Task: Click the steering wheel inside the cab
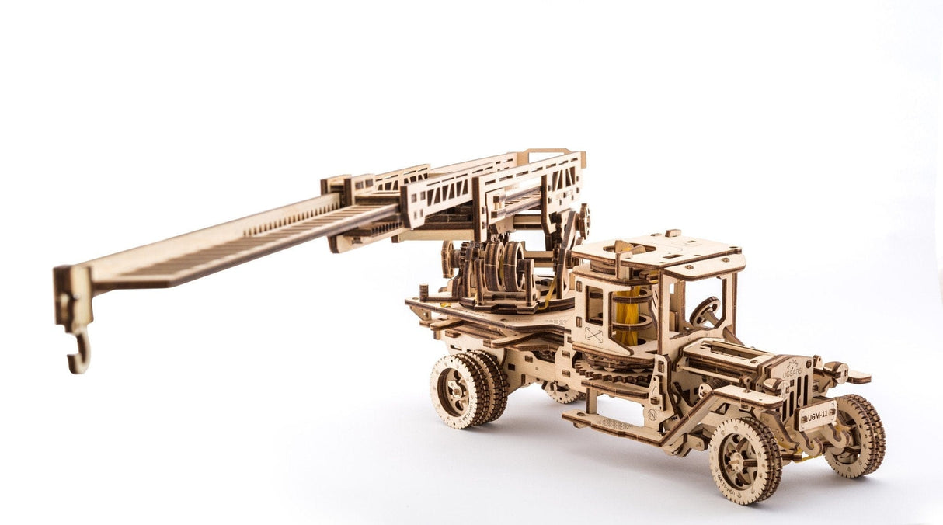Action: tap(705, 311)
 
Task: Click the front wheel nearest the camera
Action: tap(743, 460)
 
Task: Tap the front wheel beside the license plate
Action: tap(855, 435)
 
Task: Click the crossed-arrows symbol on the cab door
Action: tap(593, 335)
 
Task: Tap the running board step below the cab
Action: tap(606, 424)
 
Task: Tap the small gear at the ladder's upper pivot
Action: tap(583, 220)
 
